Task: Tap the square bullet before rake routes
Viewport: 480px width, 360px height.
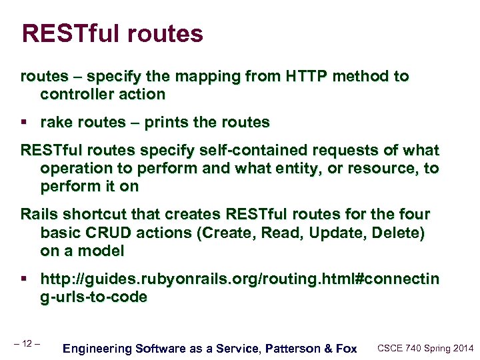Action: pyautogui.click(x=24, y=123)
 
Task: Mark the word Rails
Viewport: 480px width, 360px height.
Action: pyautogui.click(x=39, y=215)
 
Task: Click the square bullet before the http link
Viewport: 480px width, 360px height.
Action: pyautogui.click(x=24, y=279)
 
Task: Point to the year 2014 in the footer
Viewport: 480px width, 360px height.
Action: pyautogui.click(x=462, y=348)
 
